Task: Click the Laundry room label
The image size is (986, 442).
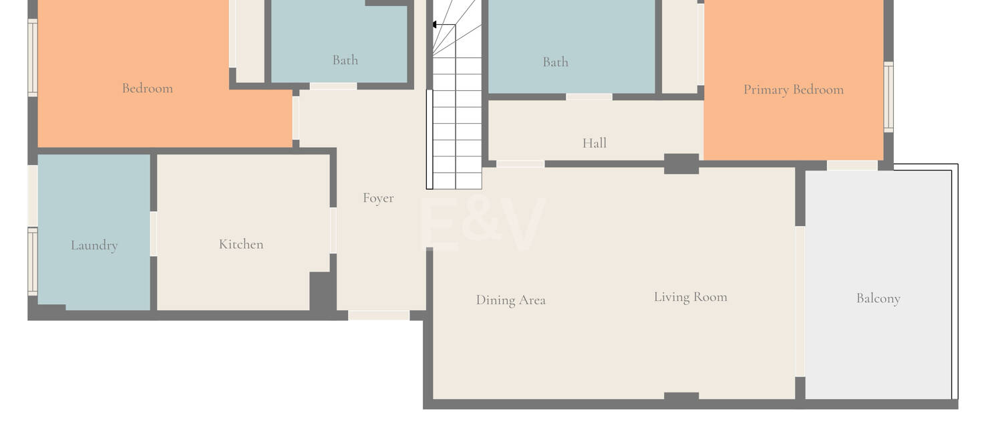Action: coord(94,245)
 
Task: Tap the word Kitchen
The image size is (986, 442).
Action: coord(241,244)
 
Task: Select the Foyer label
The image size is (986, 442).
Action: coord(378,199)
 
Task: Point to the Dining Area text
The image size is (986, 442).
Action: coord(510,300)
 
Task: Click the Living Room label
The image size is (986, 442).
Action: coord(690,297)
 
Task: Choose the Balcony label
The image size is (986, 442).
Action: coord(878,299)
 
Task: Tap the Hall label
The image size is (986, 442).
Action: coord(595,143)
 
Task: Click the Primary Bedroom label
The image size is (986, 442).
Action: coord(794,90)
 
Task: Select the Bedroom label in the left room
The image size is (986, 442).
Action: coord(148,88)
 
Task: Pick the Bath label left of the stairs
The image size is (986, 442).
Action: coord(345,60)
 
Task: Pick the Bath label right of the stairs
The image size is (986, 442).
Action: coord(556,62)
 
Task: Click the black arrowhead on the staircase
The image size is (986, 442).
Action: coord(434,25)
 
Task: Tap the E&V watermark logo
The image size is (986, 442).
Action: coord(482,224)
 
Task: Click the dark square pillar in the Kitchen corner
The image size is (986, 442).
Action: coord(321,291)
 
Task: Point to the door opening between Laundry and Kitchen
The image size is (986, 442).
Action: coord(154,233)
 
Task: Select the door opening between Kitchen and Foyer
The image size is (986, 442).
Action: coord(333,231)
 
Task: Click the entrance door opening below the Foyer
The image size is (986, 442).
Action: coord(379,315)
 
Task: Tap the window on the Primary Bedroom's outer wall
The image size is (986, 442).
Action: coord(888,96)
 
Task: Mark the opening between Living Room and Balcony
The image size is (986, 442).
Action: coord(800,302)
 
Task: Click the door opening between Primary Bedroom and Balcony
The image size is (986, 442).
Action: coord(852,166)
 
